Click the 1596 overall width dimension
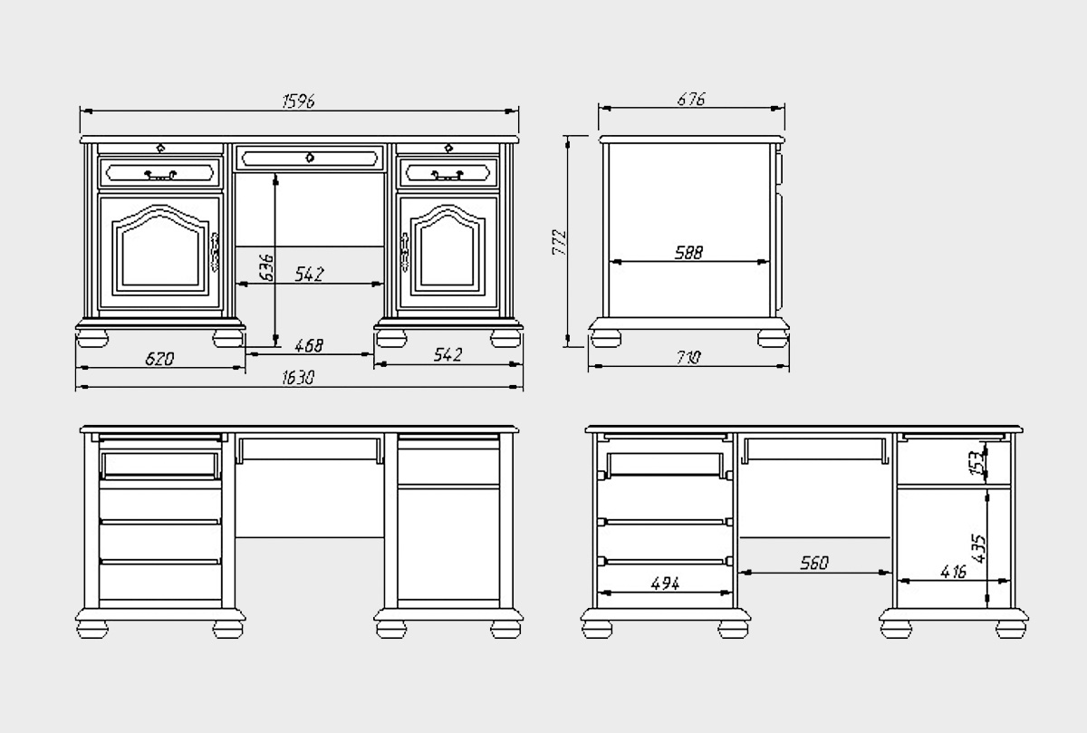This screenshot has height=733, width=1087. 298,101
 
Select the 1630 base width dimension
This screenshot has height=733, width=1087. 298,379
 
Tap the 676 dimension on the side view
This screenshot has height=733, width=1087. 691,99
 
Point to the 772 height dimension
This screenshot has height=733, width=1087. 559,241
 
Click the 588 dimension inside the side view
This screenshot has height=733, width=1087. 688,254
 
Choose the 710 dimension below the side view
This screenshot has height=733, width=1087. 688,358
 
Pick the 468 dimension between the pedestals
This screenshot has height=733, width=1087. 309,345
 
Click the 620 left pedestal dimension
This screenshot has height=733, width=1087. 159,358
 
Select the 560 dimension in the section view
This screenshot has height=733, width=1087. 813,564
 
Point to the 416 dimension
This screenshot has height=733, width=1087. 951,572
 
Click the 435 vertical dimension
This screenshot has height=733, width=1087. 977,548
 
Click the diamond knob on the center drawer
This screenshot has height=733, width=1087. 311,158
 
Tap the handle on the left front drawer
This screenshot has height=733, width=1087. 159,174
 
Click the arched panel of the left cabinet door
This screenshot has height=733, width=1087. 160,254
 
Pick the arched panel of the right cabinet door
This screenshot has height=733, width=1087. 450,254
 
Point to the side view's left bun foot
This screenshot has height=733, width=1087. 606,339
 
